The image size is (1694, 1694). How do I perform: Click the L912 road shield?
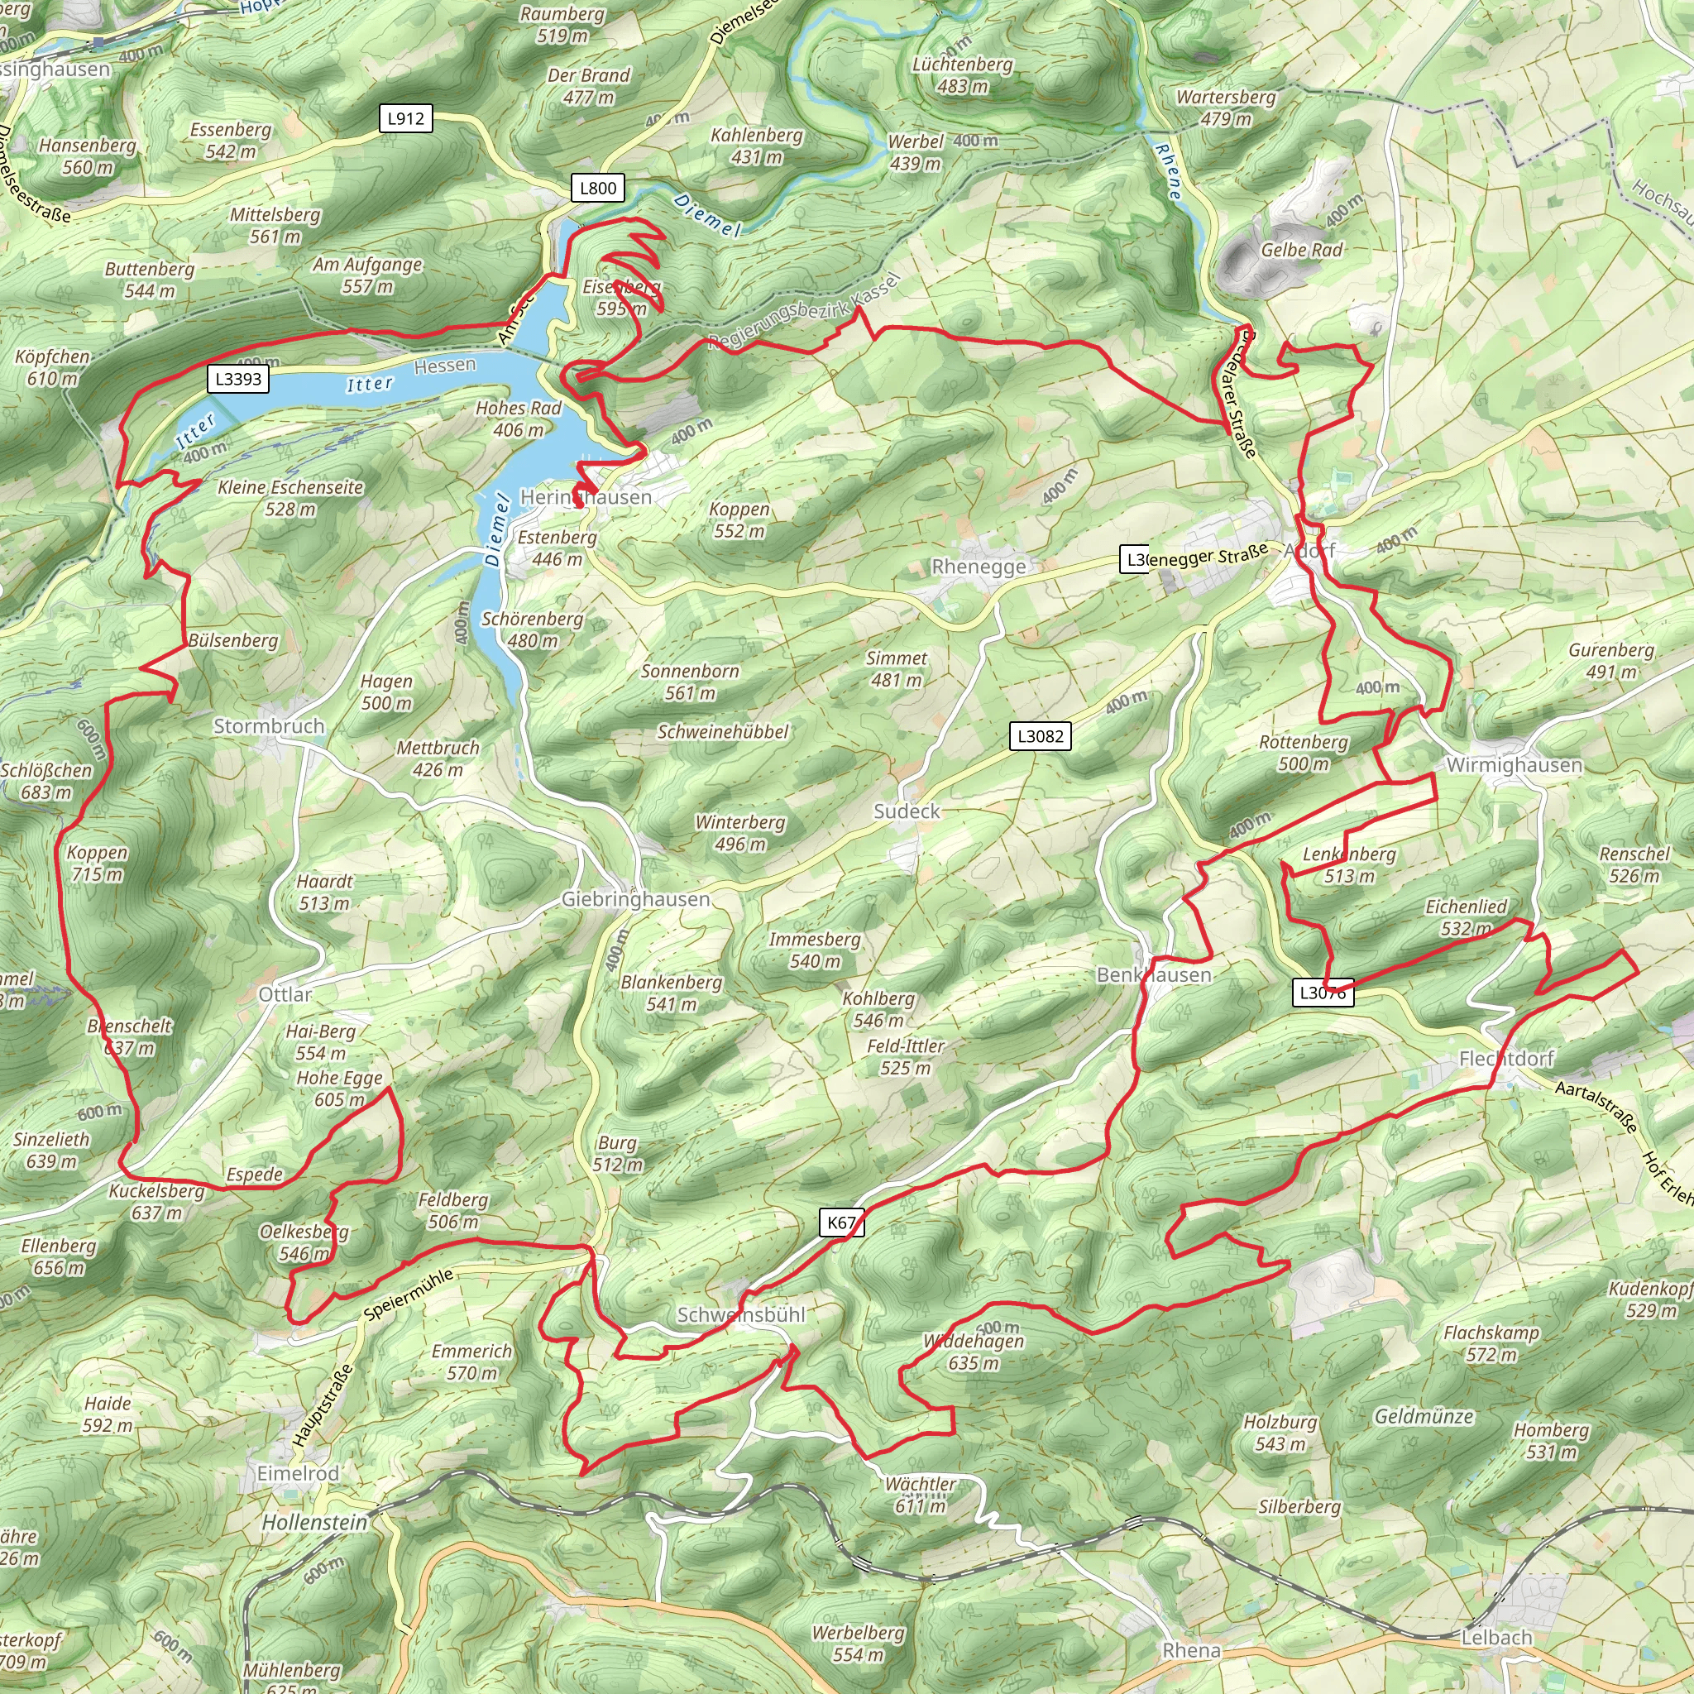pyautogui.click(x=406, y=118)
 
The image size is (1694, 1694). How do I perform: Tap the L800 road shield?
pyautogui.click(x=598, y=188)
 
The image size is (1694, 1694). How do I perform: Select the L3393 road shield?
pyautogui.click(x=238, y=379)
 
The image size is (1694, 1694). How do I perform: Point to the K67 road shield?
pyautogui.click(x=842, y=1223)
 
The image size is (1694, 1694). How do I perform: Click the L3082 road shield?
pyautogui.click(x=1040, y=735)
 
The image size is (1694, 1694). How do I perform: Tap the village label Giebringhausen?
pyautogui.click(x=636, y=899)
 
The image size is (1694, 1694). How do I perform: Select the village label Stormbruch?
pyautogui.click(x=269, y=726)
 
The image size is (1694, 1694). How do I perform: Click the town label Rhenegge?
pyautogui.click(x=979, y=567)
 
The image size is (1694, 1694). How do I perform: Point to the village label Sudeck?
pyautogui.click(x=907, y=811)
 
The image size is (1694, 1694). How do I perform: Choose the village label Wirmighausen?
pyautogui.click(x=1515, y=764)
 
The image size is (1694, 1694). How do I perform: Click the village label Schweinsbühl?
pyautogui.click(x=741, y=1314)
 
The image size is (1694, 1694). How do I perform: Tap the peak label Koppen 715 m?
pyautogui.click(x=98, y=863)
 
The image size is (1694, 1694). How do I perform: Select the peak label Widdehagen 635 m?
pyautogui.click(x=974, y=1352)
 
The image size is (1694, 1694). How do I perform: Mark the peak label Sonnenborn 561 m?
pyautogui.click(x=690, y=682)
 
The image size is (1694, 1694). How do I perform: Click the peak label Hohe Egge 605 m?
pyautogui.click(x=339, y=1089)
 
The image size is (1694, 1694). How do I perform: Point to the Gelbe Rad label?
pyautogui.click(x=1301, y=250)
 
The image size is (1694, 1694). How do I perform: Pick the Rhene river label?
pyautogui.click(x=1168, y=171)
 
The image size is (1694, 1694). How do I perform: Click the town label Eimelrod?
pyautogui.click(x=297, y=1473)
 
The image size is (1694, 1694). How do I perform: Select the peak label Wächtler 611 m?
pyautogui.click(x=920, y=1494)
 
